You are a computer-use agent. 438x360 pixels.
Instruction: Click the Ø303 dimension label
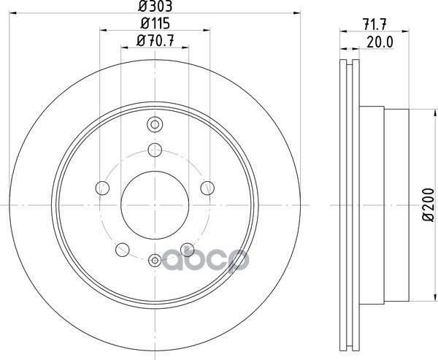(x=155, y=6)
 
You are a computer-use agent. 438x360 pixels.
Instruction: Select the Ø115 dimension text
(x=155, y=23)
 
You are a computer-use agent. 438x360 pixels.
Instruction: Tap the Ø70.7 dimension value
(x=155, y=41)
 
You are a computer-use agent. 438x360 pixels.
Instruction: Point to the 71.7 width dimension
(x=374, y=24)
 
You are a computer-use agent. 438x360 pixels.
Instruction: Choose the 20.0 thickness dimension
(x=380, y=42)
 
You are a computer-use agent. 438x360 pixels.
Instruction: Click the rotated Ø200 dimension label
(x=428, y=205)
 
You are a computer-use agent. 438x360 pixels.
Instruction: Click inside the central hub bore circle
(x=155, y=205)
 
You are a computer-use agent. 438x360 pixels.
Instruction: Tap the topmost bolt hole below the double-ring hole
(x=155, y=150)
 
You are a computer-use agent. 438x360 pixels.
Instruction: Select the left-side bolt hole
(x=102, y=188)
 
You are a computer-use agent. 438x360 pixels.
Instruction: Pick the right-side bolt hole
(x=207, y=188)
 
